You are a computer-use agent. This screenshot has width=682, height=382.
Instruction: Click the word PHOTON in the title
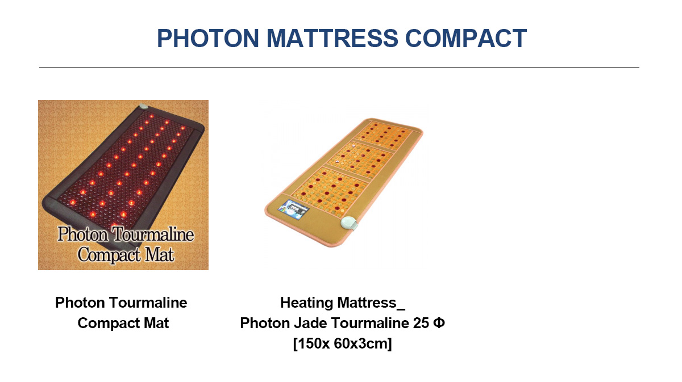click(208, 39)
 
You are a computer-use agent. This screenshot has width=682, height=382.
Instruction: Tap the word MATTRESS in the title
click(332, 39)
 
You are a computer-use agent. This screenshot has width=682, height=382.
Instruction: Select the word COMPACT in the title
click(466, 39)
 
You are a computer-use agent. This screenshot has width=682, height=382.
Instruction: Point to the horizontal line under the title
click(339, 67)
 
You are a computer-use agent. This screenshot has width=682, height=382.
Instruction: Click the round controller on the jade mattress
click(349, 224)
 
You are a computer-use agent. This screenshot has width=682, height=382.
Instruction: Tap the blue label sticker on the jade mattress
click(294, 209)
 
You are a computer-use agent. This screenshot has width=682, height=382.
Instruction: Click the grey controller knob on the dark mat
click(143, 107)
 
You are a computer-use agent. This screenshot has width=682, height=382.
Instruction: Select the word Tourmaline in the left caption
click(148, 303)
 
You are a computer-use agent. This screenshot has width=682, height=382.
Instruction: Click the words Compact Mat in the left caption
click(123, 323)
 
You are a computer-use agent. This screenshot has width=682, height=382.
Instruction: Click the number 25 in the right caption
click(421, 323)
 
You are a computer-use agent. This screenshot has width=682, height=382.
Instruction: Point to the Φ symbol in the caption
click(439, 323)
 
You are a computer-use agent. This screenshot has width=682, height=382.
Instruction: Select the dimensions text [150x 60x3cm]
click(343, 343)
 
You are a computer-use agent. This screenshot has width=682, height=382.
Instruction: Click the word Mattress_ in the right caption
click(372, 303)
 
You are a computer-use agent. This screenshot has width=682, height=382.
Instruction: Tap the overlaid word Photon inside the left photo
click(82, 234)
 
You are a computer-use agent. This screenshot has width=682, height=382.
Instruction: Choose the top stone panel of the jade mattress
click(385, 135)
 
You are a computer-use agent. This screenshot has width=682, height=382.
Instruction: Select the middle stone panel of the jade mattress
click(361, 159)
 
